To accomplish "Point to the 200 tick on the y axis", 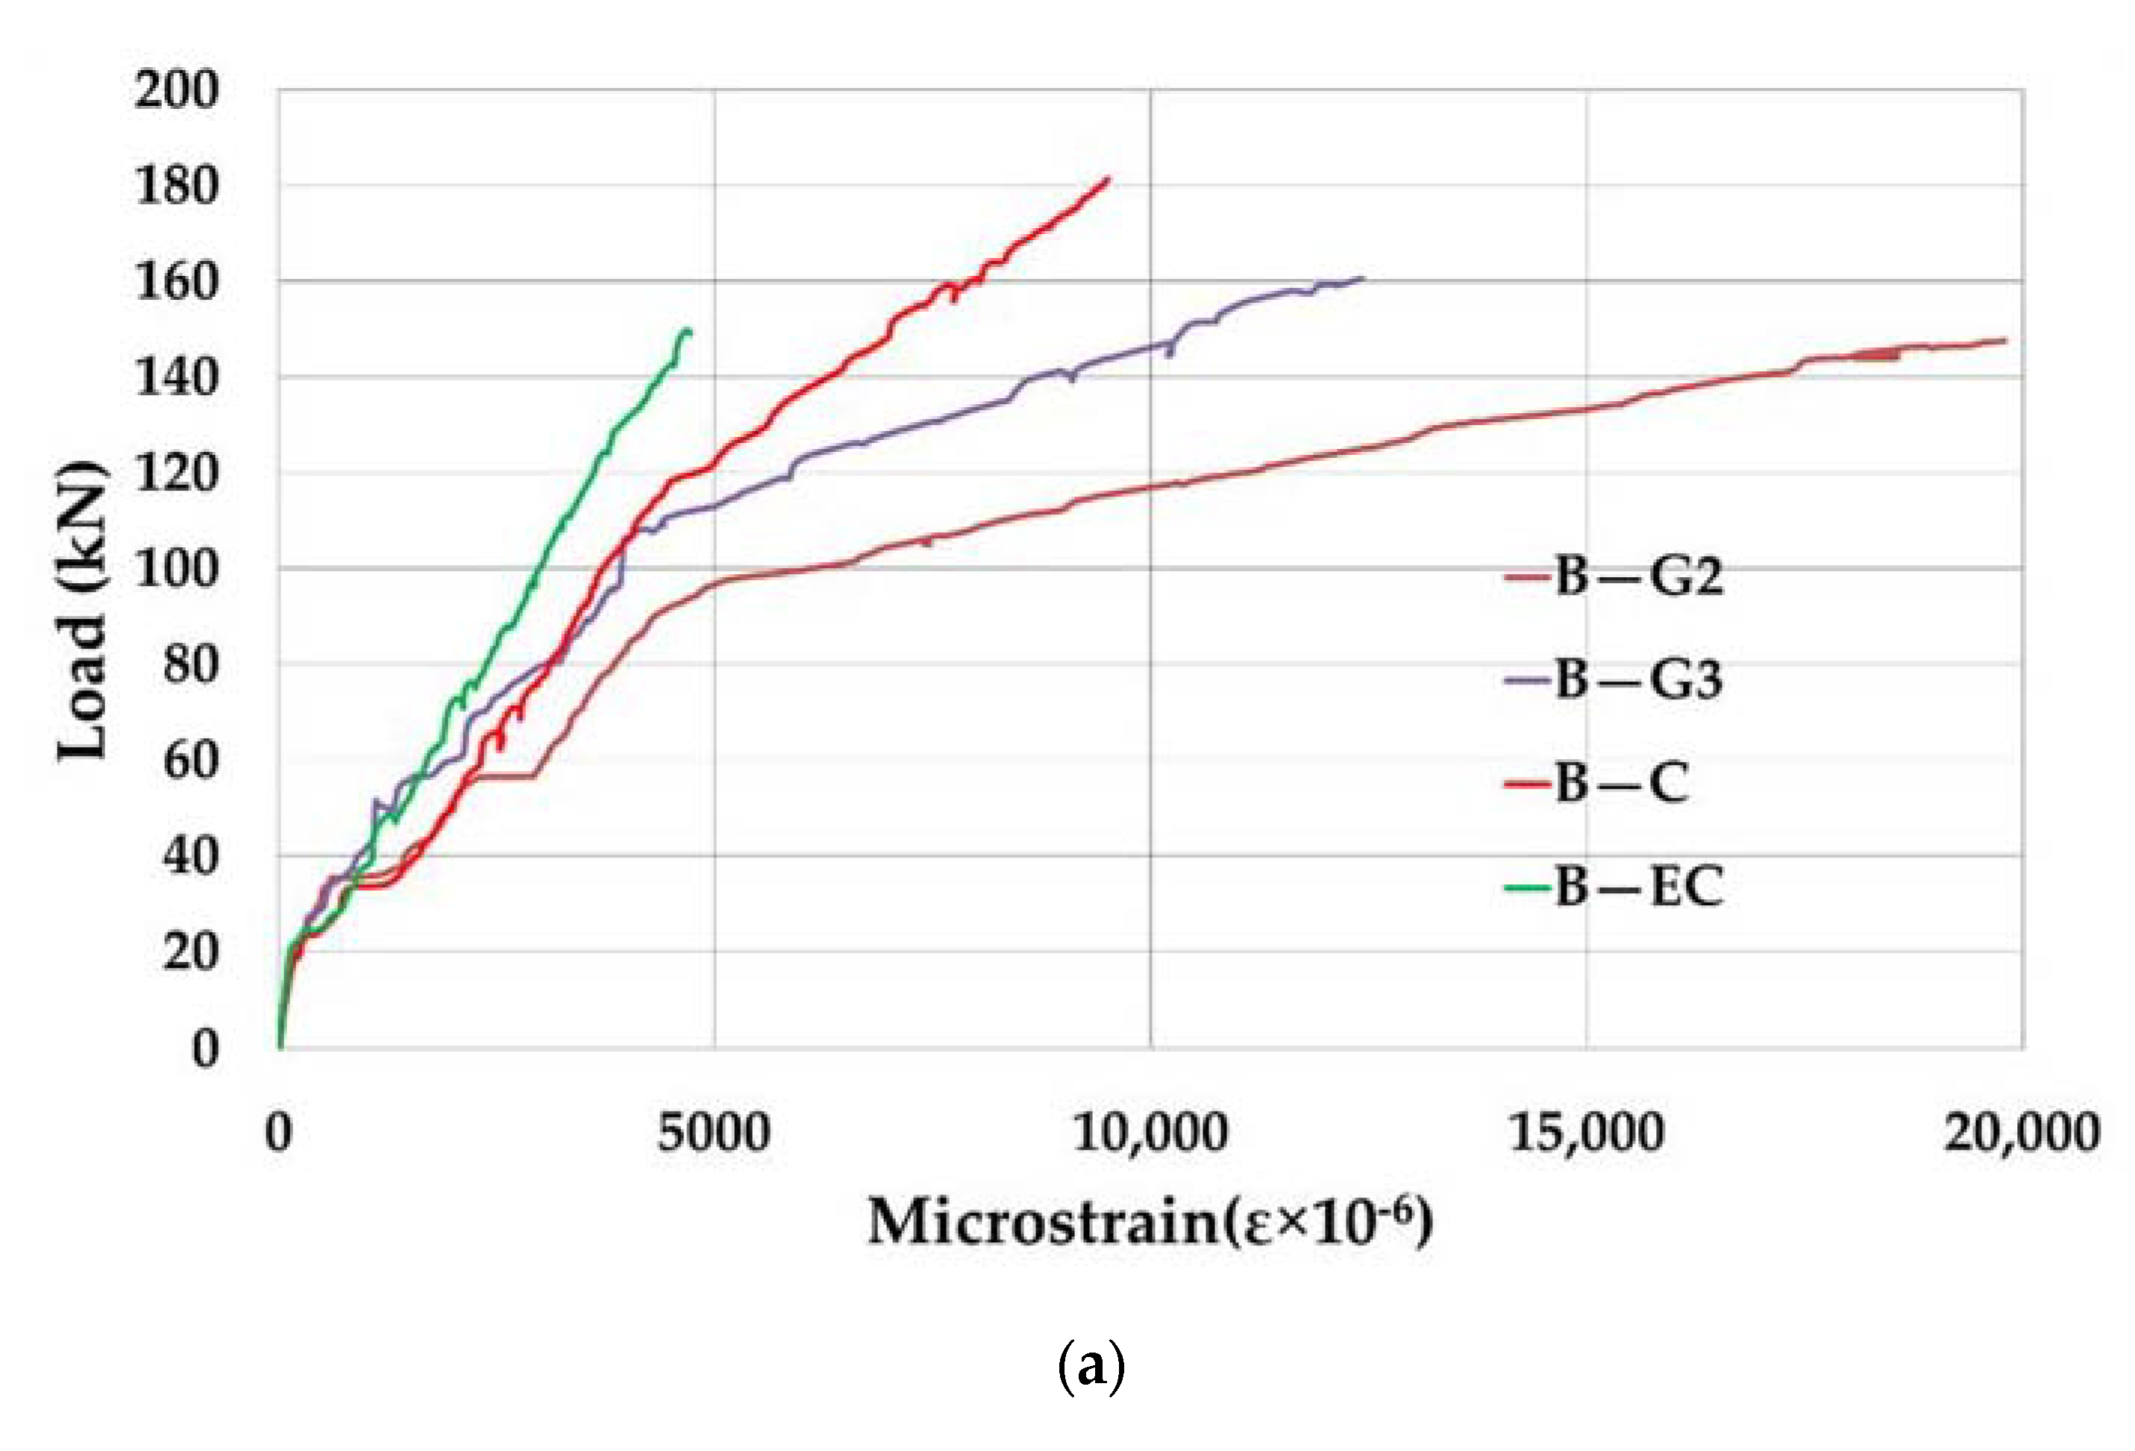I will point(176,91).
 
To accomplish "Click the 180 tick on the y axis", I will point(176,186).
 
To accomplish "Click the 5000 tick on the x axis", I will point(714,1133).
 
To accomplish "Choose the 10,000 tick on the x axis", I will point(1150,1133).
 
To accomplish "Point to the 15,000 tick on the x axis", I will point(1587,1133).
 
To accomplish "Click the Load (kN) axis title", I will point(83,611).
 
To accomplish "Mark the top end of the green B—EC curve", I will point(687,330).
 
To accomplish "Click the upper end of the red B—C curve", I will point(1109,179).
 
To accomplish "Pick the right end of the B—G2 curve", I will point(2005,340).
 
